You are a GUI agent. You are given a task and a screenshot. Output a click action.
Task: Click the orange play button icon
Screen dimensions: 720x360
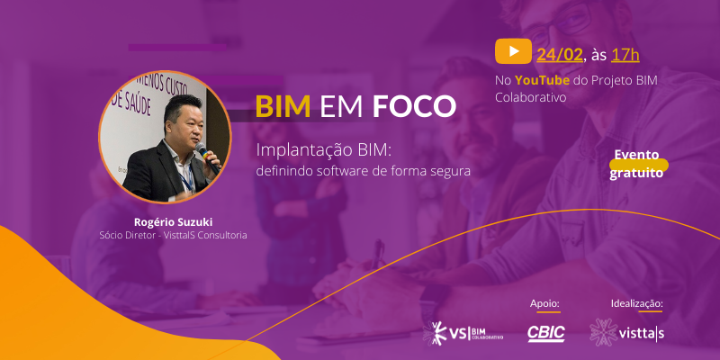[x=513, y=51]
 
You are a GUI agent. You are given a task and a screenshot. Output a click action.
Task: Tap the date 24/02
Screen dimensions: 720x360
[x=560, y=55]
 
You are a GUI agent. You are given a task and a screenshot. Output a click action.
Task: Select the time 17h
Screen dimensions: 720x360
[x=625, y=55]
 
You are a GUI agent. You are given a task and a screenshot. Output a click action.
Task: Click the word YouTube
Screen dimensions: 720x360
[x=543, y=80]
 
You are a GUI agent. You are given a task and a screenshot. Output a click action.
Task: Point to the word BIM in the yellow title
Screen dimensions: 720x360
[x=283, y=106]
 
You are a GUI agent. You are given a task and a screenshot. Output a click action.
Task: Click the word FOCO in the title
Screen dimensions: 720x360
[x=414, y=106]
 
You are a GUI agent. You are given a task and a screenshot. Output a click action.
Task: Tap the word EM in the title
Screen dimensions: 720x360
[x=341, y=106]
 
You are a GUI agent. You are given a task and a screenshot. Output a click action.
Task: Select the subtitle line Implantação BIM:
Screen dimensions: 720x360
[x=323, y=150]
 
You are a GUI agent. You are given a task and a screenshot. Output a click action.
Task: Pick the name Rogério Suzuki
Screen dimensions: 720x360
[x=173, y=222]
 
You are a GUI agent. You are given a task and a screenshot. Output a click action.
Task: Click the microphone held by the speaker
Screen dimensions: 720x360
[x=207, y=156]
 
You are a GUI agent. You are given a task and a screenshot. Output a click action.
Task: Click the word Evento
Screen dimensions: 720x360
[x=636, y=155]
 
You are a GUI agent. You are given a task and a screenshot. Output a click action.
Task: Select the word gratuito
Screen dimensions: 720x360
[x=636, y=174]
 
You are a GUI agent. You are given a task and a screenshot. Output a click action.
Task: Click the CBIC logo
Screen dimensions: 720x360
[x=546, y=334]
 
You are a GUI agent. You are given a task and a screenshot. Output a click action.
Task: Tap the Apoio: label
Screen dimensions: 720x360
[x=545, y=303]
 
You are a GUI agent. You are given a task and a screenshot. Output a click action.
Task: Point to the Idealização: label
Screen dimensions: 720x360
[x=637, y=303]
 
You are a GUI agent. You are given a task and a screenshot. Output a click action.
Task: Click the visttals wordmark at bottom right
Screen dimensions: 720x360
[x=642, y=333]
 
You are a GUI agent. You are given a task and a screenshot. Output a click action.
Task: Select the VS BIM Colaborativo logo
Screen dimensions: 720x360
[x=463, y=333]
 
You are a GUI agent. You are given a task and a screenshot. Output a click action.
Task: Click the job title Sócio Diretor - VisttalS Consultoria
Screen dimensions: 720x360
[x=173, y=236]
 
